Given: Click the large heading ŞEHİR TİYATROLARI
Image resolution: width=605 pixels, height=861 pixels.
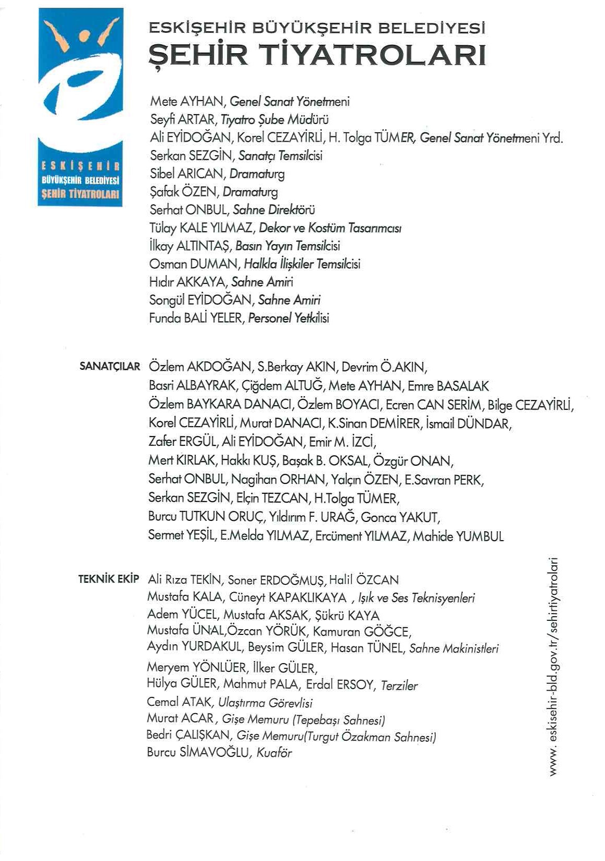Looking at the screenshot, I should tap(317, 55).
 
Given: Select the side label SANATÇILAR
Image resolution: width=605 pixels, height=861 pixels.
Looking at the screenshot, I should tap(110, 367).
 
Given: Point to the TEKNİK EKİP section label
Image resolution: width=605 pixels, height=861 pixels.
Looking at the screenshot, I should tap(109, 579).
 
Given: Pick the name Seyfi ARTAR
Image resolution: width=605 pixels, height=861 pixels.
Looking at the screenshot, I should tap(182, 120).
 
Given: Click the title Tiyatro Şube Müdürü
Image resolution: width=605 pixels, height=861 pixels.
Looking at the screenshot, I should tap(274, 120).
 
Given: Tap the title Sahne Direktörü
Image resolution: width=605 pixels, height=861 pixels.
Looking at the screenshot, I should tap(274, 210).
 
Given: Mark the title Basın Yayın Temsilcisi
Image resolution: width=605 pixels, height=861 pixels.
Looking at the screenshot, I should tap(287, 246).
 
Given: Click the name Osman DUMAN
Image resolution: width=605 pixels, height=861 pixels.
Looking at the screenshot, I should tap(193, 264).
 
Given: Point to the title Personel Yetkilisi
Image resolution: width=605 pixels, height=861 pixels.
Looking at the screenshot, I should tap(288, 318).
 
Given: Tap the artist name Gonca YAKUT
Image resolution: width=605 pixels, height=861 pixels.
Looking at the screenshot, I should tap(400, 517).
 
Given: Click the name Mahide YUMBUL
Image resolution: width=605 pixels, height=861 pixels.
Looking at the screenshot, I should tap(458, 536).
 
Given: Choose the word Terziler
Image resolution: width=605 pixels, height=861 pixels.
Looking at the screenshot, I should tap(399, 685).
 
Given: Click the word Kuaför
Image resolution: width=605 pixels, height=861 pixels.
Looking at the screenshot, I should tap(274, 753).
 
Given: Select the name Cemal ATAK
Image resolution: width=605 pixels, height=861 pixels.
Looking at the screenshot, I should tap(179, 702).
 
